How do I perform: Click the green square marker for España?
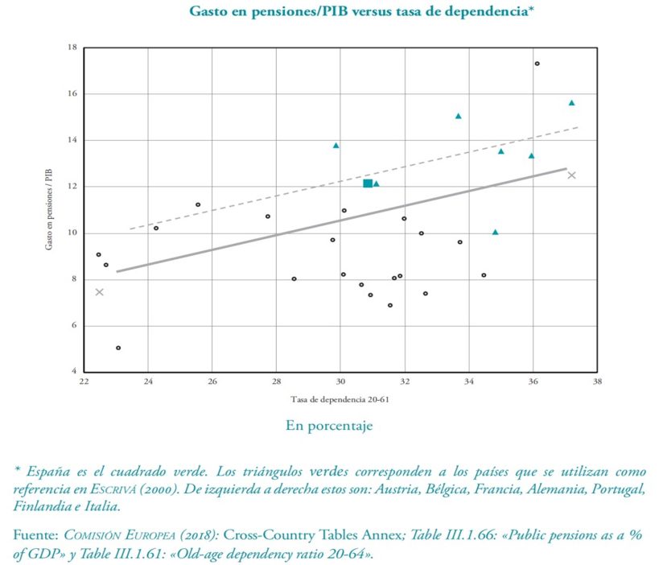(x=368, y=184)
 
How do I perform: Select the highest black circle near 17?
(x=537, y=64)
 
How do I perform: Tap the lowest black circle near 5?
(x=118, y=348)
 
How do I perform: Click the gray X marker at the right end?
(x=571, y=175)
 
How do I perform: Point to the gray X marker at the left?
(x=99, y=291)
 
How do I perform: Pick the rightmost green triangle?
(x=571, y=103)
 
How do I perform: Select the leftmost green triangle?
(x=336, y=146)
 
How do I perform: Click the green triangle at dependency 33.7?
(x=458, y=116)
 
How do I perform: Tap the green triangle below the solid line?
(x=495, y=232)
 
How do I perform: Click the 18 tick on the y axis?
(x=72, y=48)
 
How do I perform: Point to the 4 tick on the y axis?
(x=74, y=373)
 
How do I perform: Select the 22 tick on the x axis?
(x=83, y=382)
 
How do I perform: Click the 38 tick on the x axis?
(x=597, y=382)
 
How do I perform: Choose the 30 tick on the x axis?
(x=340, y=382)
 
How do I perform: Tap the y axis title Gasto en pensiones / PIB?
(x=50, y=209)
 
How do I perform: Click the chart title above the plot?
(x=362, y=11)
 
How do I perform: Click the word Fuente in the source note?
(x=36, y=535)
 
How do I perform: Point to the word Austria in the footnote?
(x=435, y=489)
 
